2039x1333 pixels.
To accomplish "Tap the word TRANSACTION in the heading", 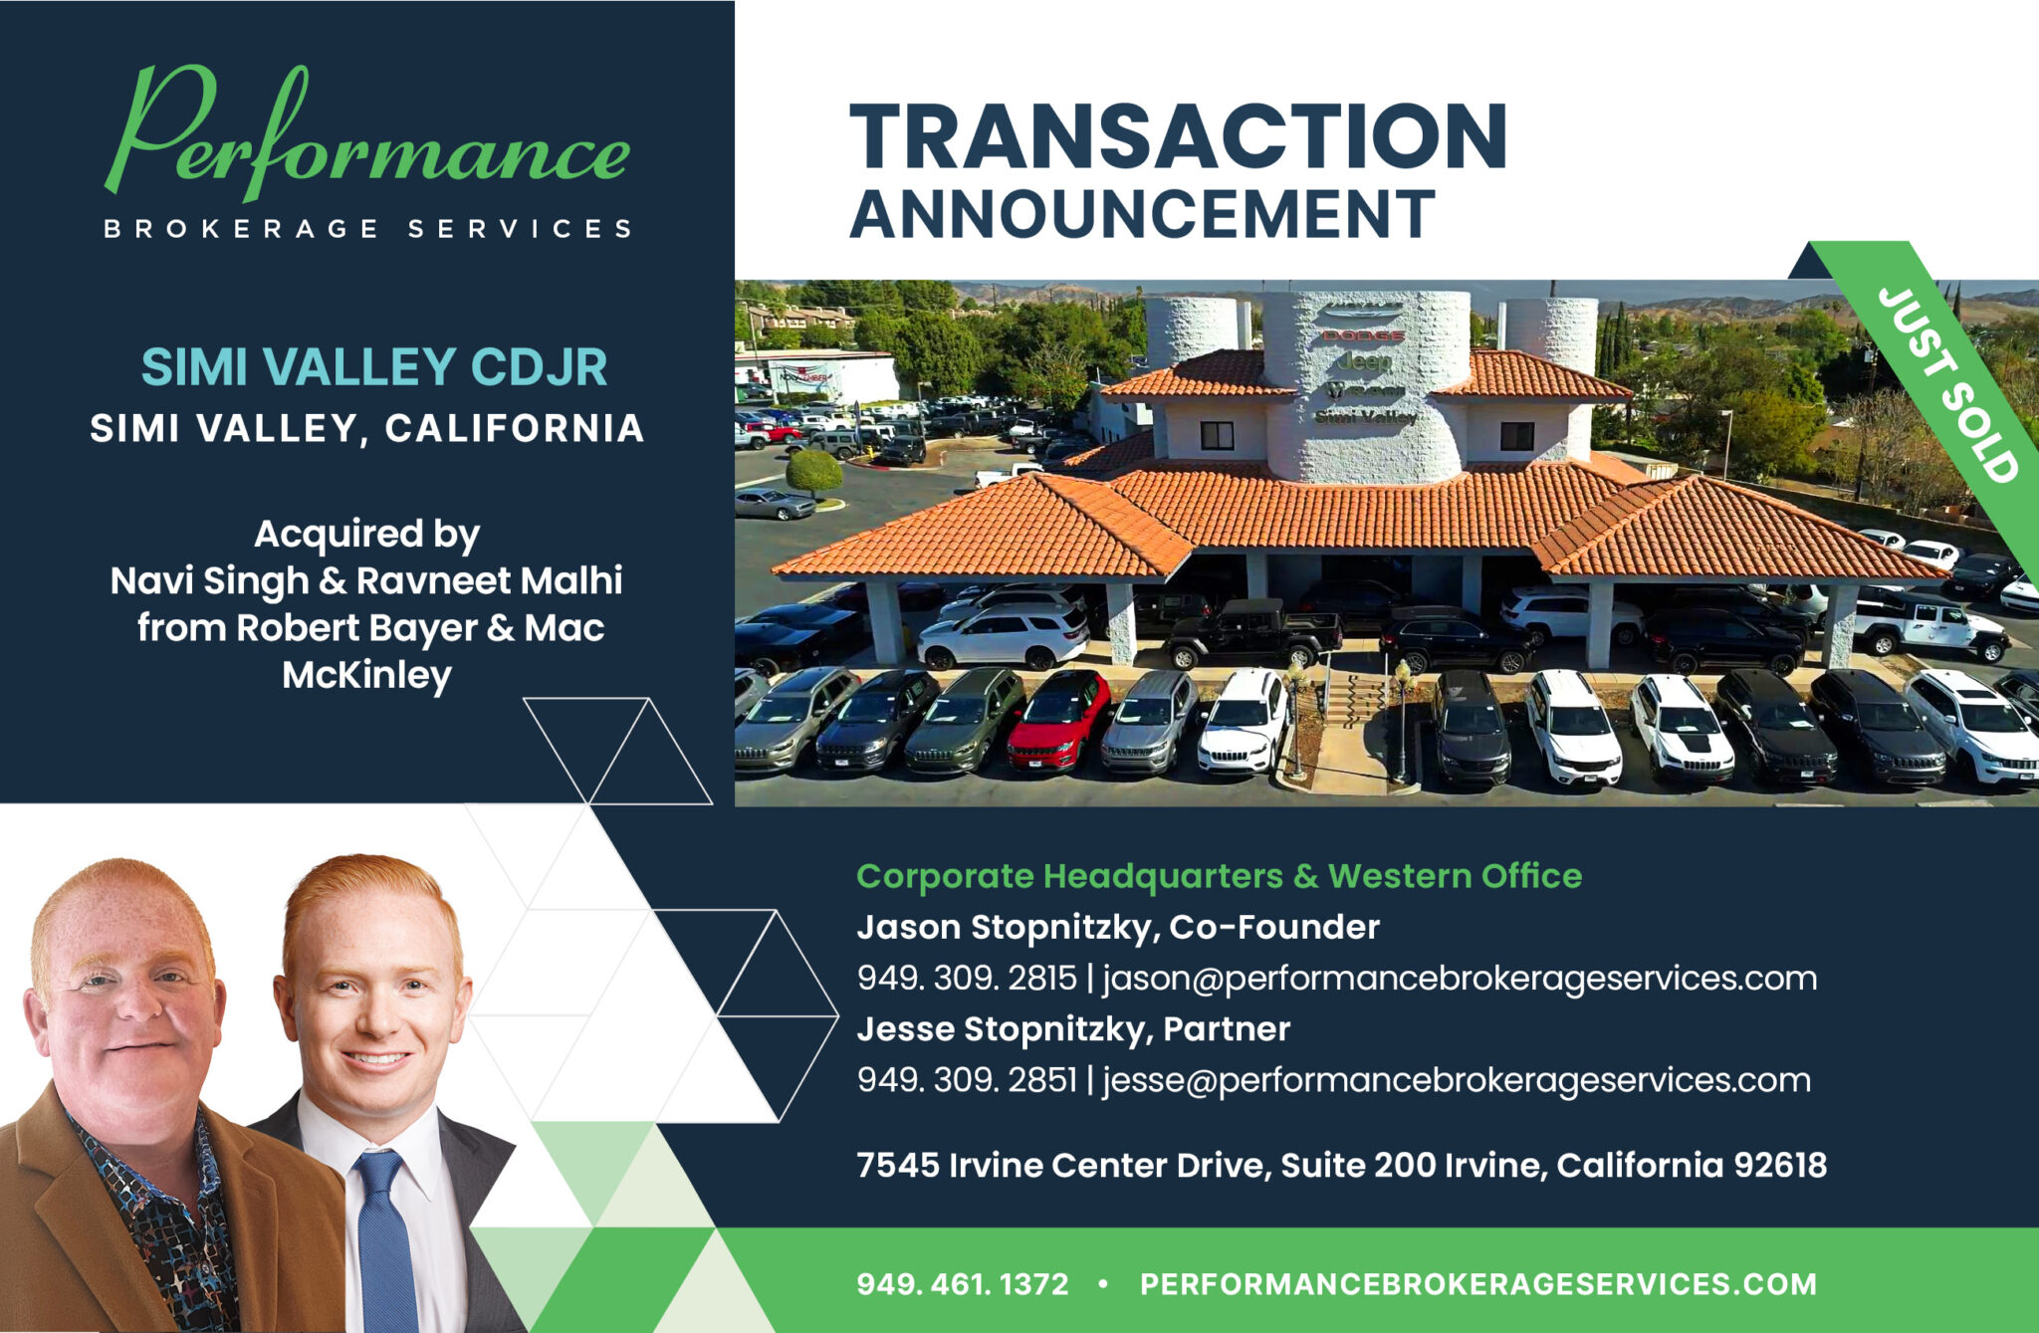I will pos(1178,136).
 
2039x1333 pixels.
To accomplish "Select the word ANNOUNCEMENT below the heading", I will pos(1142,213).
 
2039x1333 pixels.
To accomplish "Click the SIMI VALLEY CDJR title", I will pos(373,367).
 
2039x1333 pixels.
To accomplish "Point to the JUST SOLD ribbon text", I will pos(1947,384).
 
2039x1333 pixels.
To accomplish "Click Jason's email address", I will pos(1460,979).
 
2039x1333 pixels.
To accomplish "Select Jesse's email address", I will pos(1457,1080).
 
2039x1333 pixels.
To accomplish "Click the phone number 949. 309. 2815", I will pos(967,979).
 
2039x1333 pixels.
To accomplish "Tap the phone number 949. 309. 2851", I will pos(967,1080).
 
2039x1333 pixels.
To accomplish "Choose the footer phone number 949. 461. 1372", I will pos(963,1284).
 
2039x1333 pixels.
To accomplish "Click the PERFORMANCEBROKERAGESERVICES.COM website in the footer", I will pos(1477,1284).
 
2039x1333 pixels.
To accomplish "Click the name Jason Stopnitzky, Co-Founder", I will pos(1118,928).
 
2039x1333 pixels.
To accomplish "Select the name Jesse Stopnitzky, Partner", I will pos(1073,1029).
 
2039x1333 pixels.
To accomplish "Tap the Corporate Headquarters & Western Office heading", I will pos(1219,876).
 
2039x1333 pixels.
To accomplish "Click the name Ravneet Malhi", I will pos(489,580).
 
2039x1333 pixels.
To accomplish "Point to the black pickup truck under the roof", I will pos(1253,633).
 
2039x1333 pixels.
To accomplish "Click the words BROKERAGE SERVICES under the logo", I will pos(367,229).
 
